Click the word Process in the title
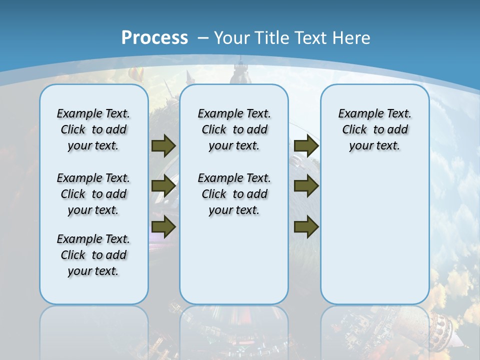[154, 38]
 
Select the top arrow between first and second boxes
[163, 145]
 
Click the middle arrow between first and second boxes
[163, 186]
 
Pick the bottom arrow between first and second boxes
[163, 226]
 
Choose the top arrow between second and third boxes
[306, 145]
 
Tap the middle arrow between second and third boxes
[306, 186]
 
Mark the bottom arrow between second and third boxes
[306, 226]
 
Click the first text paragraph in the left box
[93, 129]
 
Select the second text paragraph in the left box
[93, 194]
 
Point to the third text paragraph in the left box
[93, 255]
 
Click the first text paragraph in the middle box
[234, 129]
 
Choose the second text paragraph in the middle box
[234, 194]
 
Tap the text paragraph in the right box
[374, 129]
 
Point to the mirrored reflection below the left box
[93, 330]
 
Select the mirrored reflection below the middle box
[234, 330]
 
